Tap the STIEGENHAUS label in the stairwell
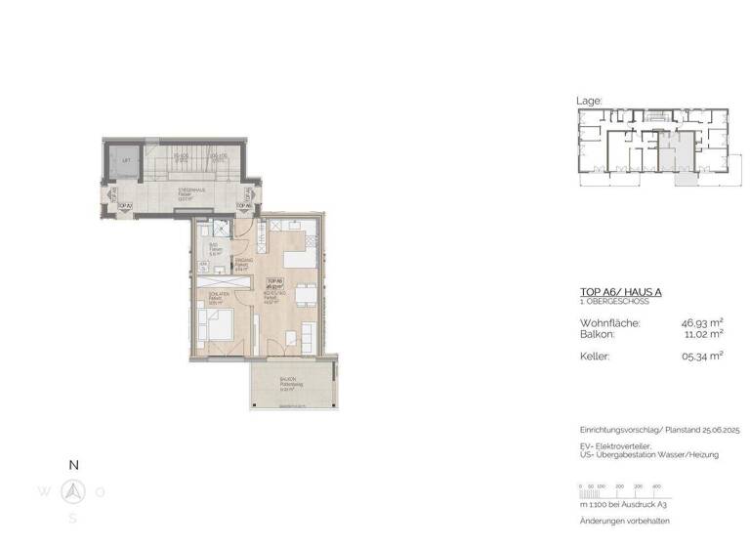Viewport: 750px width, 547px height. tap(189, 190)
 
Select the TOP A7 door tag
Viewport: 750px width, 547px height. tap(124, 206)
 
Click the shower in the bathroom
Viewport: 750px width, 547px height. tap(220, 229)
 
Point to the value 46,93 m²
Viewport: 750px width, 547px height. tap(700, 321)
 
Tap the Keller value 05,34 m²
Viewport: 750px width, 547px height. tap(702, 357)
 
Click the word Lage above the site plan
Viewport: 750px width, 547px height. tap(590, 101)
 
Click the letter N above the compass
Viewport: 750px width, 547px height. tap(72, 465)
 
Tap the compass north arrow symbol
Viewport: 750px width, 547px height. tap(72, 490)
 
